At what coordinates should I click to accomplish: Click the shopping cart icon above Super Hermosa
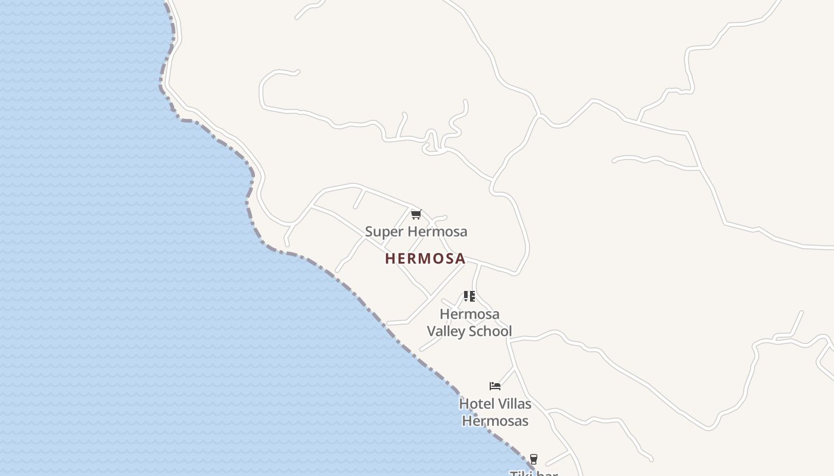[416, 214]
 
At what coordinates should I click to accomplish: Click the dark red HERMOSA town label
[425, 258]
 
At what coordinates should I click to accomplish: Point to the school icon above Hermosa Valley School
[469, 296]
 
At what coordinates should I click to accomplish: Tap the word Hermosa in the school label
[469, 314]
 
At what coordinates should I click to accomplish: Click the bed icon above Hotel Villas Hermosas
[494, 386]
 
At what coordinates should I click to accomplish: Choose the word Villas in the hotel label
[513, 404]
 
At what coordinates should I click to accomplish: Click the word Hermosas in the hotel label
[495, 421]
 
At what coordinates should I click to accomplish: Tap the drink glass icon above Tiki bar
[533, 459]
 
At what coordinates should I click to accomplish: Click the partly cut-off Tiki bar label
[534, 473]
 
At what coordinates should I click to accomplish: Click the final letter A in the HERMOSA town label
[460, 258]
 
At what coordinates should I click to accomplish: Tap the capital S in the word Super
[369, 231]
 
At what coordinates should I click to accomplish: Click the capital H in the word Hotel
[463, 404]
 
